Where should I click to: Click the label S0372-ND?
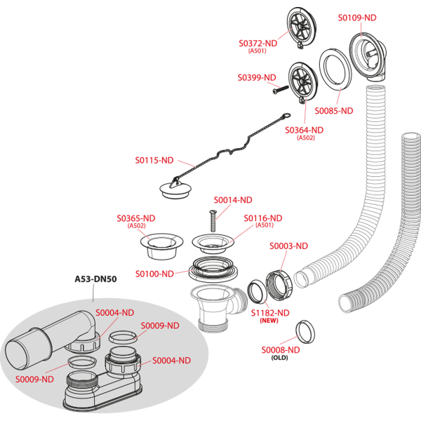pyautogui.click(x=258, y=43)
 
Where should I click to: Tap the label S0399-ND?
pyautogui.click(x=257, y=77)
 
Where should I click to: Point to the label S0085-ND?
pyautogui.click(x=333, y=111)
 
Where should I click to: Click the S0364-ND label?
pyautogui.click(x=304, y=130)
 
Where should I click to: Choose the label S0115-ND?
pyautogui.click(x=154, y=160)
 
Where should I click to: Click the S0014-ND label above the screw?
pyautogui.click(x=232, y=200)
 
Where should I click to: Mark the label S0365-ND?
pyautogui.click(x=136, y=218)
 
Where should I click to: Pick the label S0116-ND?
pyautogui.click(x=262, y=218)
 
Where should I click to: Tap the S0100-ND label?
pyautogui.click(x=154, y=274)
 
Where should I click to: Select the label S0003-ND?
pyautogui.click(x=288, y=246)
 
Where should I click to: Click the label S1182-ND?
pyautogui.click(x=270, y=312)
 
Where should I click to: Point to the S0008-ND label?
pyautogui.click(x=281, y=349)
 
